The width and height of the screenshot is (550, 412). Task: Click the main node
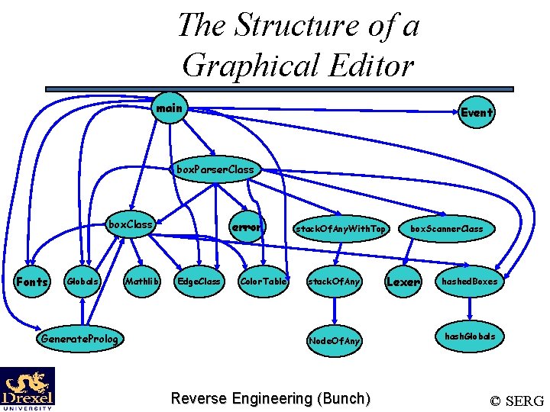pos(169,109)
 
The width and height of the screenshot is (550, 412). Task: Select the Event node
pos(477,112)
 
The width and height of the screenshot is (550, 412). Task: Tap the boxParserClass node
pos(215,169)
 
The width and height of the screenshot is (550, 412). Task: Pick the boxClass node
pos(131,225)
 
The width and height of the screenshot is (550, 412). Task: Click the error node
pos(247,227)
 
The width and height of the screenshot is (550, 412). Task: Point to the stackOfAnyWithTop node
pos(341,228)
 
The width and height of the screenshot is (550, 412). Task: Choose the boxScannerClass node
pos(446,228)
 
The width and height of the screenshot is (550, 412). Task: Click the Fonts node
pos(33,282)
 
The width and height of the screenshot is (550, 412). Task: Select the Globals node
pos(82,282)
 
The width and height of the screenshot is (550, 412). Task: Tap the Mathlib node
pos(141,282)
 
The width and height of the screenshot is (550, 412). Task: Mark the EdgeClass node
pos(199,282)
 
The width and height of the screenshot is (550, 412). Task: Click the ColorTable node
pos(263,282)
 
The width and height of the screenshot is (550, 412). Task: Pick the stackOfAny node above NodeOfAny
pos(333,282)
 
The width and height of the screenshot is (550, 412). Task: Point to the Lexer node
pos(403,282)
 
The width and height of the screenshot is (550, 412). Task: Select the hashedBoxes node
pos(469,282)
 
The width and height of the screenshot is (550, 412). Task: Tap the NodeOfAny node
pos(334,340)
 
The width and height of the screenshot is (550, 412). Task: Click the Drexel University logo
pos(27,388)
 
